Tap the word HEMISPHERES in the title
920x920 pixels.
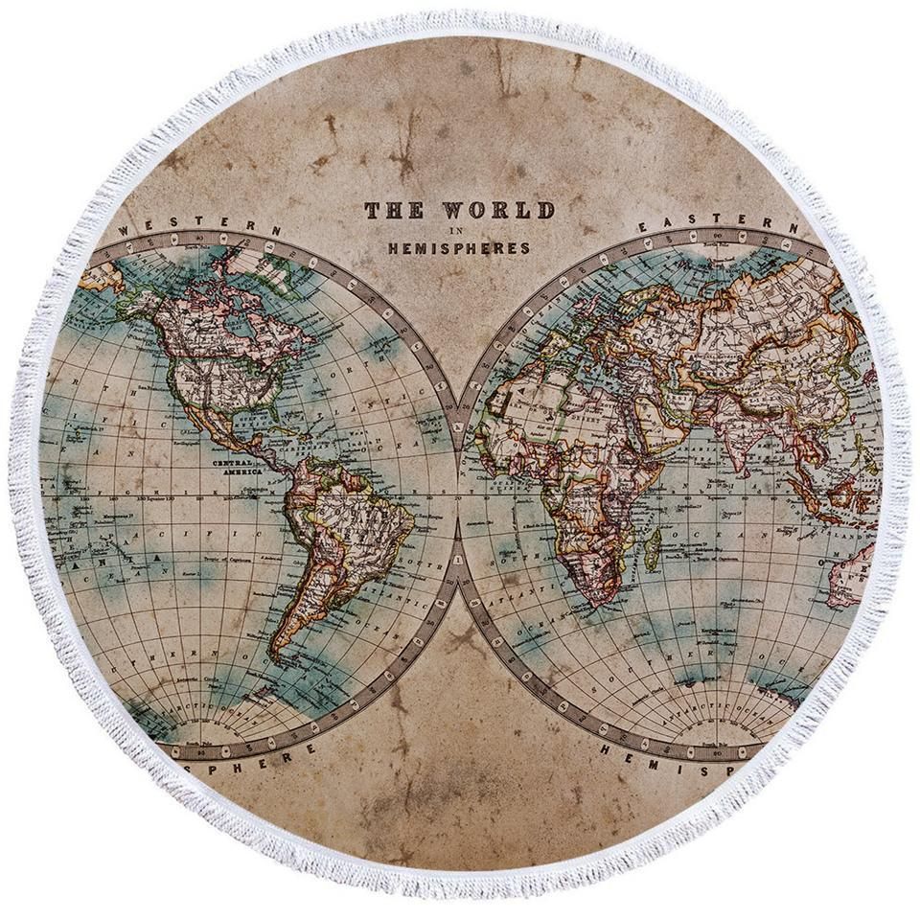[458, 248]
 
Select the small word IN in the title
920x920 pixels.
[458, 231]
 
